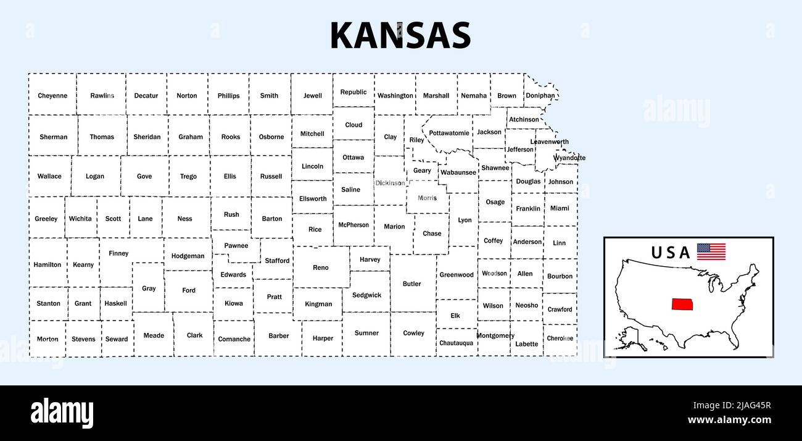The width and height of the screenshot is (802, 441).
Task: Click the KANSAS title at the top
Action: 400,36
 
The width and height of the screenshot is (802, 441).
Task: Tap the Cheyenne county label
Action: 52,96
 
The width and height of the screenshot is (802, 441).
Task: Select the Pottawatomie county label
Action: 449,133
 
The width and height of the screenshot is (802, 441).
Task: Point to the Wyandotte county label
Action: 569,158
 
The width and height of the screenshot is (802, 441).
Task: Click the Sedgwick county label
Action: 366,295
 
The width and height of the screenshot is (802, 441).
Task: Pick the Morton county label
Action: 48,339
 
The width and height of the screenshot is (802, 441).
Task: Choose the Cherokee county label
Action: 560,338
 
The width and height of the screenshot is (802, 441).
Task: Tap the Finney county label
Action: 118,253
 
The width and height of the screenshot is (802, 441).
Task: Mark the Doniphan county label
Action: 540,96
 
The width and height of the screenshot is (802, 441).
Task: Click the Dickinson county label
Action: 390,183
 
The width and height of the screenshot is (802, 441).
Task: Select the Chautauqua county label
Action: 457,343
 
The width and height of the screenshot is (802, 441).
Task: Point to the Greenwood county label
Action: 457,275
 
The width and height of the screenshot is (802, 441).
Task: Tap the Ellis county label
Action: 230,176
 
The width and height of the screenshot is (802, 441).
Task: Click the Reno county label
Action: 321,267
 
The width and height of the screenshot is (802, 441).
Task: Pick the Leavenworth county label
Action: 550,141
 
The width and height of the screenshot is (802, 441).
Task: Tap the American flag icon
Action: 711,251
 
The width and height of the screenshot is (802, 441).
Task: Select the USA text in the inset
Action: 671,253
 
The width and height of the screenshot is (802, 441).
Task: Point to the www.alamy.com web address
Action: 729,420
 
